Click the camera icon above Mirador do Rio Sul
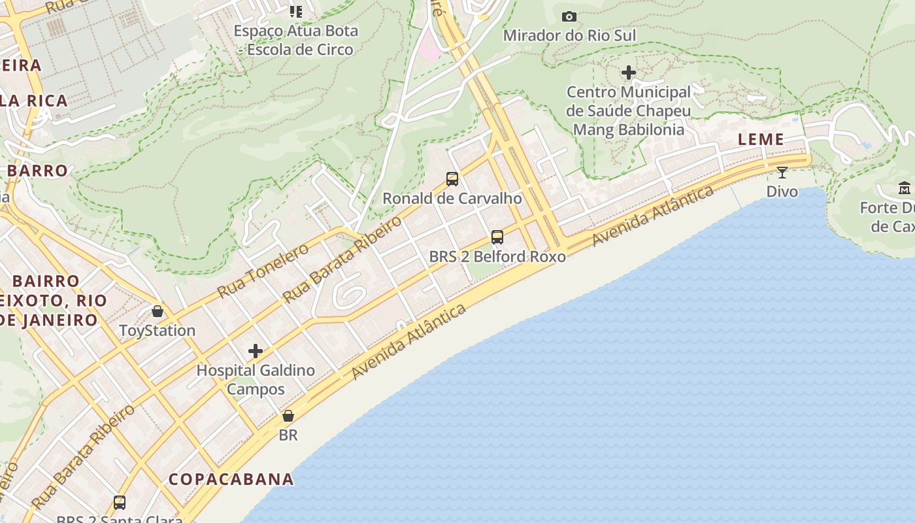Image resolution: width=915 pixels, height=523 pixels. click(569, 16)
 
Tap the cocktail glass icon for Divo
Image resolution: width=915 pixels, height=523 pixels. click(782, 173)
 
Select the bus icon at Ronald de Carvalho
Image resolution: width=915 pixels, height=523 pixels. click(452, 178)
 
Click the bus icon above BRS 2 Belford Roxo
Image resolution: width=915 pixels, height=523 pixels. click(497, 237)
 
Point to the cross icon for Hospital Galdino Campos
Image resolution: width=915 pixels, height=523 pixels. click(256, 351)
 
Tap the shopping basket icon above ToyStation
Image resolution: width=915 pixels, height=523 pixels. click(157, 311)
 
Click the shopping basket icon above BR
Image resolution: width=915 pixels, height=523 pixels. click(288, 416)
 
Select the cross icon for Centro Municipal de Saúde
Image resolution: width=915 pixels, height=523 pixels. click(629, 73)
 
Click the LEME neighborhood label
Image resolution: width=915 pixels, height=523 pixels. click(761, 139)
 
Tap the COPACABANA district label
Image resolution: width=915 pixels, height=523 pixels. click(231, 479)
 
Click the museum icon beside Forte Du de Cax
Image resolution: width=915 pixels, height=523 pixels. click(905, 188)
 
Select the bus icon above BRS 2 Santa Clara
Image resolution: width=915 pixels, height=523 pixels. click(120, 502)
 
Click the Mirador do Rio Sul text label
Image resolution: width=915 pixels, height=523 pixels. click(569, 35)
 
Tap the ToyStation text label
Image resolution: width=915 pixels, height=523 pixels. click(157, 331)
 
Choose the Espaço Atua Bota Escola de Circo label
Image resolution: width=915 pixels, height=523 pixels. click(296, 40)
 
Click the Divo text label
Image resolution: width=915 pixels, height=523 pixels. click(782, 192)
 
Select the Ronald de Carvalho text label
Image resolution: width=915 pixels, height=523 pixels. click(452, 198)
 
